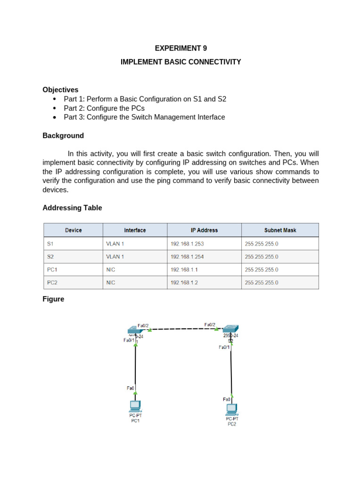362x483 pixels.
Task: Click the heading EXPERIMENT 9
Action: [x=181, y=48]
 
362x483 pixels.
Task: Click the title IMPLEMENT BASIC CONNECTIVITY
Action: [x=181, y=62]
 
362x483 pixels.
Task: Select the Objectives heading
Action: [x=60, y=90]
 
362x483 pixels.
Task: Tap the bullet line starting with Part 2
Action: [x=104, y=108]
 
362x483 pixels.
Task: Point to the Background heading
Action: [x=63, y=136]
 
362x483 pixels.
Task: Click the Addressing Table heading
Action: [x=72, y=208]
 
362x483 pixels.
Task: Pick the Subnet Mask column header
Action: [x=280, y=230]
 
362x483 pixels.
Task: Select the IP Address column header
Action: [x=204, y=230]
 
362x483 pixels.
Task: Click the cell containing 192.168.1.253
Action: [x=187, y=244]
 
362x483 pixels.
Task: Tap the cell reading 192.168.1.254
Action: [x=187, y=257]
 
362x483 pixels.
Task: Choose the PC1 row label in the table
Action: [x=52, y=270]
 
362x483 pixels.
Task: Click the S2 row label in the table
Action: [x=50, y=257]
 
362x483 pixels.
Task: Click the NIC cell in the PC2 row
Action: [x=111, y=283]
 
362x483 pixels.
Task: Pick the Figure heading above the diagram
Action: [x=53, y=299]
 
